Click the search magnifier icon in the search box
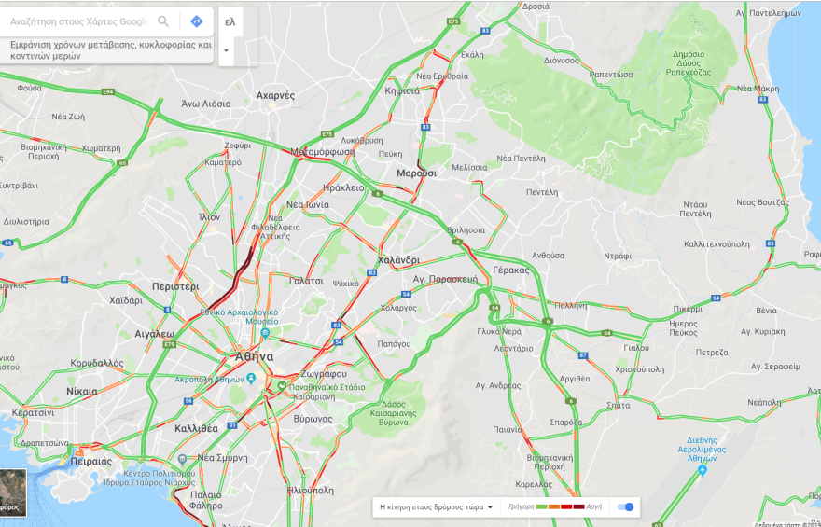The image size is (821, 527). (x=163, y=21)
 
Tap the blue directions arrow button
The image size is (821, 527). (x=197, y=21)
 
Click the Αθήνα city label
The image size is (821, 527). (x=253, y=356)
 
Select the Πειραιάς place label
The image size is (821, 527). (x=90, y=461)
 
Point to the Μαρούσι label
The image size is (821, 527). (x=416, y=173)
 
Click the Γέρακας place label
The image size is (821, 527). (x=510, y=270)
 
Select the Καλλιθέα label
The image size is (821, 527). (x=196, y=428)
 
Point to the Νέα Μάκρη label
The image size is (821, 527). (x=758, y=89)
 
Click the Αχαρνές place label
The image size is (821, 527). (x=275, y=95)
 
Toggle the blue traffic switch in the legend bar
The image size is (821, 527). (x=626, y=506)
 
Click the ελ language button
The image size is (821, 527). (x=230, y=21)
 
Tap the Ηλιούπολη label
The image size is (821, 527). (x=311, y=489)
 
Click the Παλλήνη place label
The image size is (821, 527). (x=572, y=305)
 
